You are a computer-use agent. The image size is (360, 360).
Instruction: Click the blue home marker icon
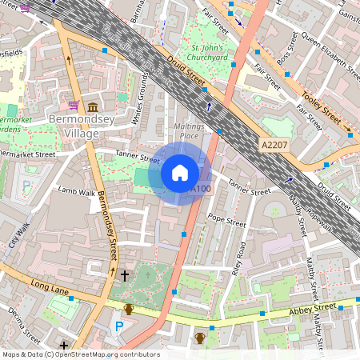pyautogui.click(x=180, y=173)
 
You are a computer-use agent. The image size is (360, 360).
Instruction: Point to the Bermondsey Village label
pyautogui.click(x=77, y=126)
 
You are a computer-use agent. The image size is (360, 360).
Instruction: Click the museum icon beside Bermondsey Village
pyautogui.click(x=93, y=107)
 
